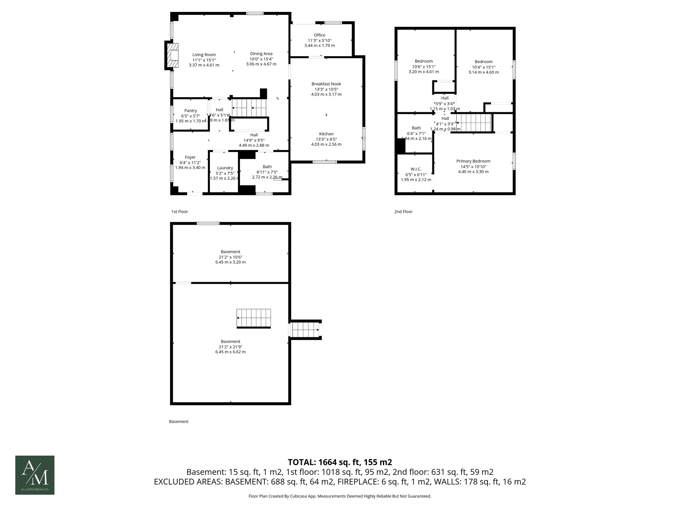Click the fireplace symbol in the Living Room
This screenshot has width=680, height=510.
pos(172,55)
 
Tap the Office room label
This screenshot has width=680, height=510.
pos(319,35)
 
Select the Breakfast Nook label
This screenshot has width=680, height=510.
pos(326,84)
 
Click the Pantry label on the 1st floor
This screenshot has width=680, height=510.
pos(191,111)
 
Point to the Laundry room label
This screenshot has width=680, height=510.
pos(225,168)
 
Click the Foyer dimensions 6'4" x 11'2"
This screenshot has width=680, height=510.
pos(190,163)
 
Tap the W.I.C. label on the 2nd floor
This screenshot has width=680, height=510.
pos(416,169)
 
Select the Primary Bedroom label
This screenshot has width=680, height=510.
pos(473,161)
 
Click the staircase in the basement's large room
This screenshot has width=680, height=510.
pos(254,318)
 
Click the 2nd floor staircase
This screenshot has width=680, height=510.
pos(474,123)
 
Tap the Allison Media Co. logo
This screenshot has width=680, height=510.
pos(35,475)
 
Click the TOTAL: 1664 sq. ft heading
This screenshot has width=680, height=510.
pos(340,462)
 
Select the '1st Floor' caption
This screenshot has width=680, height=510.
pos(179,212)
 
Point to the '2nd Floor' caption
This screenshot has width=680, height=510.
pos(403,212)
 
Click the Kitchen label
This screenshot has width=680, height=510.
pos(326,134)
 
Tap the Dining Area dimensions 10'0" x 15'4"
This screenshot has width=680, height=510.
pos(261,59)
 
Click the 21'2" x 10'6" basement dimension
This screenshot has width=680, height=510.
pos(230,257)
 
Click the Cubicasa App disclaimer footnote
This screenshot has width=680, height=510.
pos(340,496)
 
